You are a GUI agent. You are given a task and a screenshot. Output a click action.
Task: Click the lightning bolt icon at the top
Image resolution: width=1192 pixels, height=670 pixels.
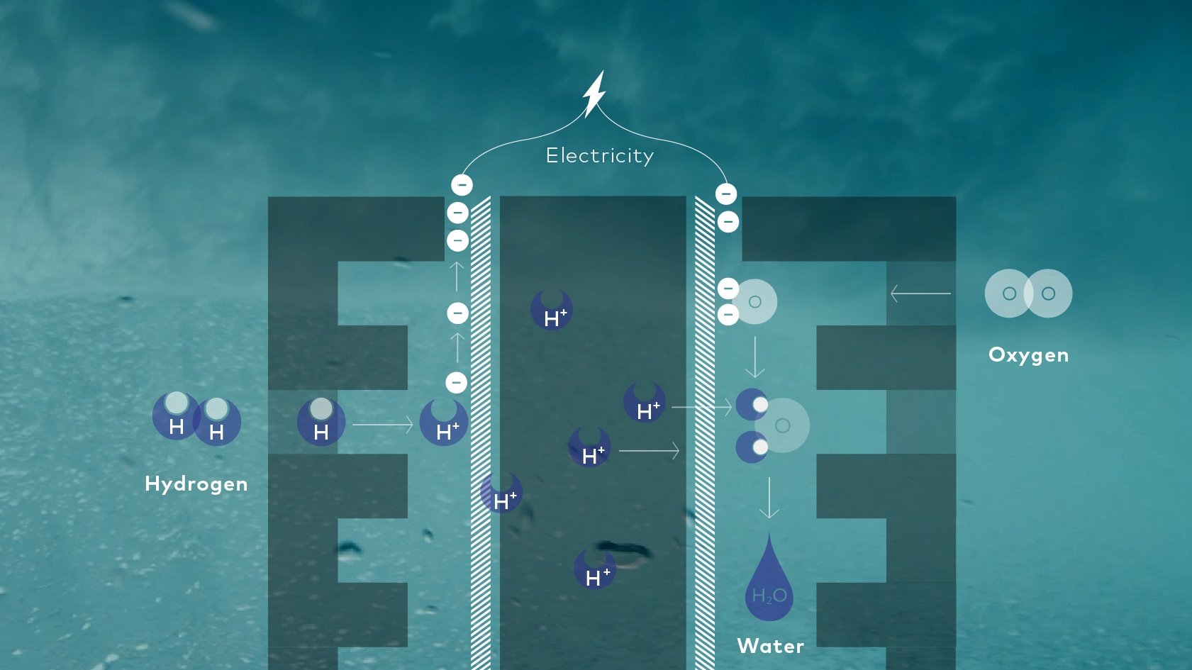(x=594, y=93)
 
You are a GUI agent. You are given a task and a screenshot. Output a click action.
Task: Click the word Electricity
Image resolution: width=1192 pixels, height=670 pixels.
(x=600, y=156)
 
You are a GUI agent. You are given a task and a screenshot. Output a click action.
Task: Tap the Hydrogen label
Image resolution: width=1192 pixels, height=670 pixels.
(x=196, y=484)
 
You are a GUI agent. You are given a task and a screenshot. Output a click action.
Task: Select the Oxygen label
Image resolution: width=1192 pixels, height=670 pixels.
(x=1028, y=354)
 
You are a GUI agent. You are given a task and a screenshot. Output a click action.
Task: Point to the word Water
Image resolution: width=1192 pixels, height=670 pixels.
(x=771, y=646)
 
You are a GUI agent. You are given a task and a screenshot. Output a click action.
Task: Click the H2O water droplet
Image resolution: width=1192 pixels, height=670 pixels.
(x=769, y=585)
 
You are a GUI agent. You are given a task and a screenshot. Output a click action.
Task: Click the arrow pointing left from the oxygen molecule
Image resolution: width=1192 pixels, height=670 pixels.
(x=920, y=293)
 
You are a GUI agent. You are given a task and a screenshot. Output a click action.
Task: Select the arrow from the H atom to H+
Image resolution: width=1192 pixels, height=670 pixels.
(x=382, y=425)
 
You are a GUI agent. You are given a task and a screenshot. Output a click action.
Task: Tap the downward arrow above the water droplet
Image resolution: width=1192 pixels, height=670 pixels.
(x=769, y=498)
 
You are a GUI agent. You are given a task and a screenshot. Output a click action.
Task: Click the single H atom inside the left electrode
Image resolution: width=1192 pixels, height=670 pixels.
(x=321, y=422)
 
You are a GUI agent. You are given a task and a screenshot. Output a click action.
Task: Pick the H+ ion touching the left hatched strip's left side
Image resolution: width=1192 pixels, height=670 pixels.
(x=444, y=423)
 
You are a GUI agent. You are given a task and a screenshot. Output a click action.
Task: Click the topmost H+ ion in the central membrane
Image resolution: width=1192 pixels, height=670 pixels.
(x=552, y=310)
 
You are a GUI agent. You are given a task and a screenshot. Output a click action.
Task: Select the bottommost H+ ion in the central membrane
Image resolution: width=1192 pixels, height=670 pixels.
(x=595, y=569)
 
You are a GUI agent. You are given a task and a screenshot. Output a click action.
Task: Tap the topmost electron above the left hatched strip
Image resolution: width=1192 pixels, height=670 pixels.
(x=462, y=185)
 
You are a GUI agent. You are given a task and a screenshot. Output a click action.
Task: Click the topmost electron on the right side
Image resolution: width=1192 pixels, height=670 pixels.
(x=725, y=194)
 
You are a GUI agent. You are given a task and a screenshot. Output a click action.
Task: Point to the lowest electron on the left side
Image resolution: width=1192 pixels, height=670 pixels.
(x=456, y=382)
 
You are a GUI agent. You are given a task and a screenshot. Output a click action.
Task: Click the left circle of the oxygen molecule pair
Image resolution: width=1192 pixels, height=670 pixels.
(x=1008, y=293)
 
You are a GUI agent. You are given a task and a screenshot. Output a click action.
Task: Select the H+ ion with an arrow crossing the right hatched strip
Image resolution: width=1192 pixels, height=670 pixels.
(x=645, y=403)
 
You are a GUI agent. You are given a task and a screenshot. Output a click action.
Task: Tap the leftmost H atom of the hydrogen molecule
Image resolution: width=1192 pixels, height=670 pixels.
(x=176, y=416)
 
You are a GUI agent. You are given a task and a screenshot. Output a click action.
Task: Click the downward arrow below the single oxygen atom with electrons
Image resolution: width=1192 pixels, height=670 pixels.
(x=755, y=357)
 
